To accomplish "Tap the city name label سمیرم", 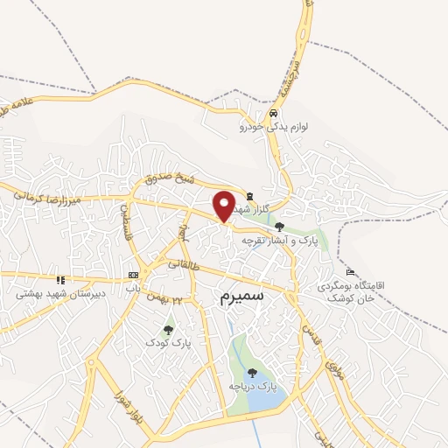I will tap(237, 297).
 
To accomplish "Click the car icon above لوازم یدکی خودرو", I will tap(274, 114).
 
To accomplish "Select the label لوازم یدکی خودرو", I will tap(274, 127).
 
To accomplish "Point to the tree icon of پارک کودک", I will tap(168, 330).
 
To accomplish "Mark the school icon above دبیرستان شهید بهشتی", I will tap(60, 280).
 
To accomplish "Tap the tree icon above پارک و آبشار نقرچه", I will tap(279, 227).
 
